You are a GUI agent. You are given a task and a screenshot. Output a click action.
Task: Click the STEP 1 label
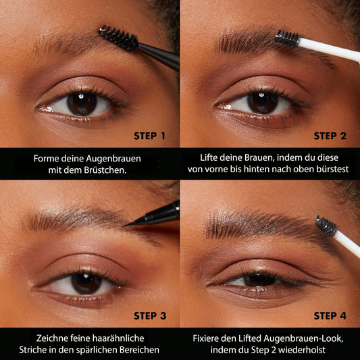coord(149,136)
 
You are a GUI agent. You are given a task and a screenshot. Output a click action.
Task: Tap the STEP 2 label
coord(330,136)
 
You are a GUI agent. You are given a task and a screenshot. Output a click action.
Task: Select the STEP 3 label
coord(150,316)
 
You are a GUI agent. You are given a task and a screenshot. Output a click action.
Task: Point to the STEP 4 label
coord(330,316)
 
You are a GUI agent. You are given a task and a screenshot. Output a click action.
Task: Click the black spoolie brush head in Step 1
coord(118,37)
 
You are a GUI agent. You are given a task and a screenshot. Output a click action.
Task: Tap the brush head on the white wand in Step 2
coord(287,38)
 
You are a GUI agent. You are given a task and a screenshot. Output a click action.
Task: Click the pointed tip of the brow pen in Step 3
coord(124,226)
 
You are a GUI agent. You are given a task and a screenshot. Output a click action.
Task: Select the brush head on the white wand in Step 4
coord(326,226)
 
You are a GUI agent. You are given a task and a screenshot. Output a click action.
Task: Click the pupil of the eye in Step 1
coord(82,103)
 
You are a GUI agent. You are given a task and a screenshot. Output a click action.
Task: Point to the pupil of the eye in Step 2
coord(263,103)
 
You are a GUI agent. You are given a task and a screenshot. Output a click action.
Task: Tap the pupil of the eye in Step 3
coord(86,283)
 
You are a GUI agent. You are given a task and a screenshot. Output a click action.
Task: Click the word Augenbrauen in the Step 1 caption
coord(113,159)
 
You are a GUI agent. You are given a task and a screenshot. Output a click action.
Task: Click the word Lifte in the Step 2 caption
coord(209,158)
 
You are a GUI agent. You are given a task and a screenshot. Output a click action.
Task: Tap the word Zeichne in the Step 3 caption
coord(52,338)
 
